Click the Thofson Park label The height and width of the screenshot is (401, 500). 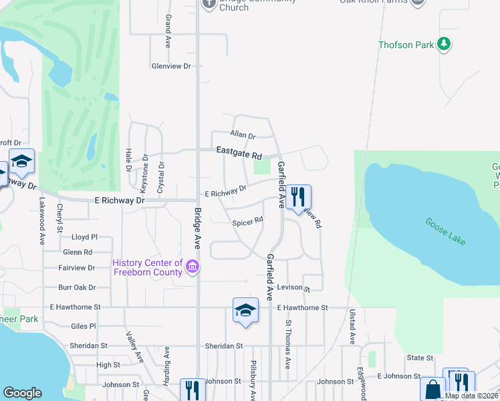406,45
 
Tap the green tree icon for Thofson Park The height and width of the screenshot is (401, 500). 443,45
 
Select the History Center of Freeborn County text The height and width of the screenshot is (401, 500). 148,267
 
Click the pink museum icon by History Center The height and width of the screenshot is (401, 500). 193,267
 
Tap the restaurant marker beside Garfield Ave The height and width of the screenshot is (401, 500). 299,196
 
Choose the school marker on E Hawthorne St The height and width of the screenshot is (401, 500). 245,309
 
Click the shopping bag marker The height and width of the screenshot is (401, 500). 432,389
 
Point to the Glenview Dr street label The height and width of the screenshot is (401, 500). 171,66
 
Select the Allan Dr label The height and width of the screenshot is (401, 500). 243,136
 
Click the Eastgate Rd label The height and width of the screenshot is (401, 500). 239,154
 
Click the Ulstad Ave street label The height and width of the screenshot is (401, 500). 352,327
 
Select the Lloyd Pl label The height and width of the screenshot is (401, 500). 84,237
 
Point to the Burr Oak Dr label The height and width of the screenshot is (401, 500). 77,287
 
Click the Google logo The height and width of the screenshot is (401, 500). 22,393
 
